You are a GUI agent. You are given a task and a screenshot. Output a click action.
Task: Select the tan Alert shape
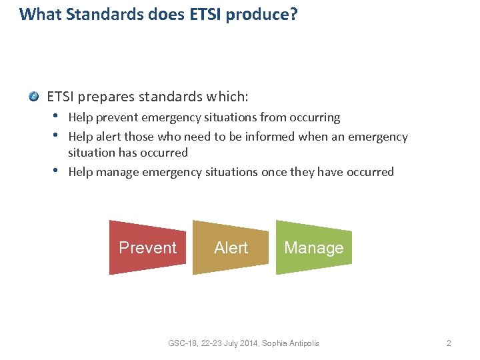[231, 247]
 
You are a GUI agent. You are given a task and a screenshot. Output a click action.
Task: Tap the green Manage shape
[313, 247]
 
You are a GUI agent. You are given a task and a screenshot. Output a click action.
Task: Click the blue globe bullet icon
[34, 97]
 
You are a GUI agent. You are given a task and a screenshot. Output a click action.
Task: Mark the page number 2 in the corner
[449, 343]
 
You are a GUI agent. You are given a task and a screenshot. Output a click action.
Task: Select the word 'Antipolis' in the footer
[303, 343]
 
